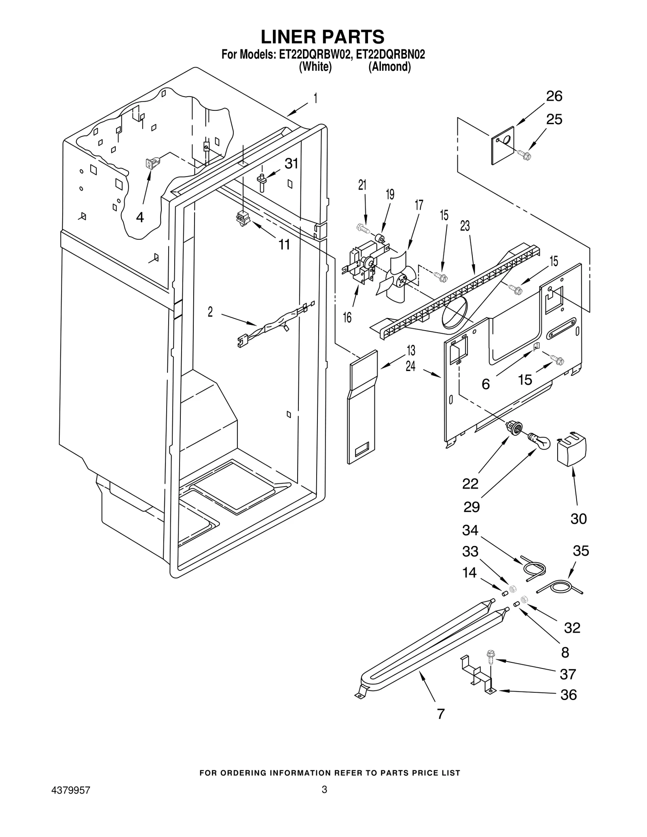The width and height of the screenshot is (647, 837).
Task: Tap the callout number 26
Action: tap(554, 96)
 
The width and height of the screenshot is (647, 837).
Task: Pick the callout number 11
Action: tap(284, 244)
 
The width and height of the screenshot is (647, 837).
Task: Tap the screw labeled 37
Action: tap(491, 656)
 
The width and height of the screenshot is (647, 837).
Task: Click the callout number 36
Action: tap(568, 695)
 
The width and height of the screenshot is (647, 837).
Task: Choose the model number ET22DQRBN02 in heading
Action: tap(390, 54)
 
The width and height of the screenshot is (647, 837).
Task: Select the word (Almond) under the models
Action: tap(389, 67)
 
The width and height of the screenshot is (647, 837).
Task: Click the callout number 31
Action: tap(291, 164)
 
